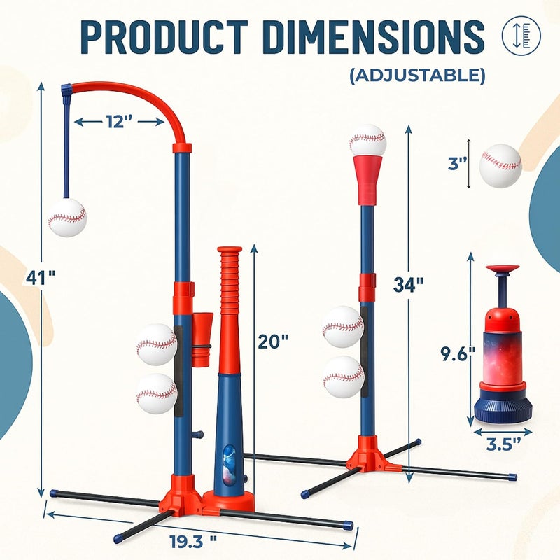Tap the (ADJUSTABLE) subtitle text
(x=417, y=75)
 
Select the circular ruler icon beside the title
(x=521, y=33)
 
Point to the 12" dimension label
(x=120, y=122)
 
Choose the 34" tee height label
(x=409, y=285)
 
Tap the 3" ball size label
(x=458, y=164)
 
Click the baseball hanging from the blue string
(x=67, y=217)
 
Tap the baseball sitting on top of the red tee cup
(x=367, y=141)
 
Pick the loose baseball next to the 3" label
(x=500, y=165)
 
